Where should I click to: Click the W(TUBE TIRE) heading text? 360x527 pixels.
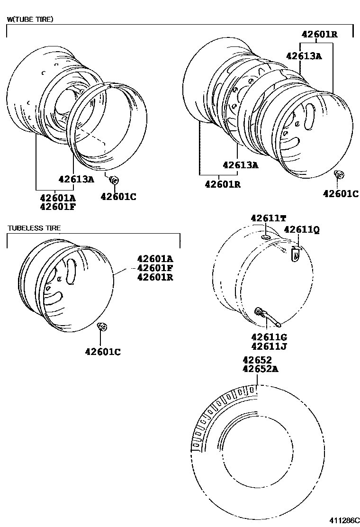coord(30,19)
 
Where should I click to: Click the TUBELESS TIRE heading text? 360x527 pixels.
coord(34,228)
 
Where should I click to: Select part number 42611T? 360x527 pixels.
coord(269,218)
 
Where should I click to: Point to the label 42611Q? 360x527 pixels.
coord(301,229)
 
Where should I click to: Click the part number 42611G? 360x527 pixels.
coord(269,337)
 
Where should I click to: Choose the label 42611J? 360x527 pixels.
coord(269,346)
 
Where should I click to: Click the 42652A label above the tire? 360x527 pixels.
coord(260,369)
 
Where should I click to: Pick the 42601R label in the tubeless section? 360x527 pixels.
coord(155,277)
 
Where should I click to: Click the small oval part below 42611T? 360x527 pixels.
coord(266,236)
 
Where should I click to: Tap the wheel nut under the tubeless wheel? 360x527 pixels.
coord(101,327)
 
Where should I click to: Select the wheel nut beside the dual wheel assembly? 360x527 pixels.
coord(339,175)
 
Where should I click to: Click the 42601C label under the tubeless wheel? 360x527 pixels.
coord(103,352)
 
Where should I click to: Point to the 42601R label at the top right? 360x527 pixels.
coord(320,34)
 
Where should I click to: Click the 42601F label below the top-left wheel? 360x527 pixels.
coord(57,207)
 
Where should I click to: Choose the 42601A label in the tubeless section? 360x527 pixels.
coord(155,259)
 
